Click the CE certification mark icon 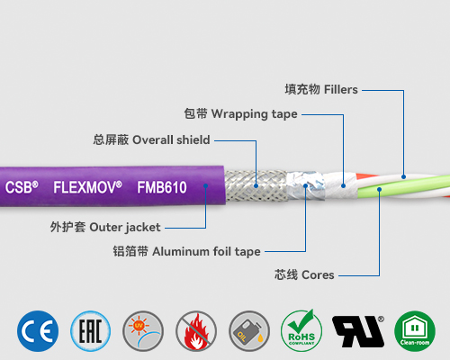coord(39,330)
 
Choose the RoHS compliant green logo coord(301,330)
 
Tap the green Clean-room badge coord(414,330)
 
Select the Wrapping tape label coord(240,114)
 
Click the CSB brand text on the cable coord(22,188)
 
